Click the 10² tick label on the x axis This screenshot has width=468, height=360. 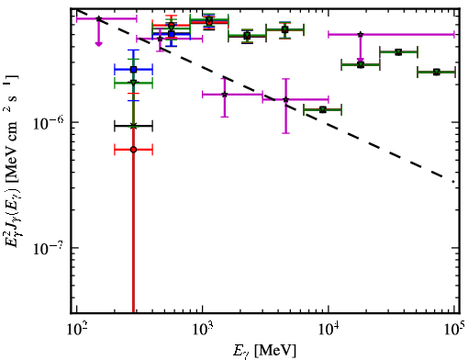[77, 330]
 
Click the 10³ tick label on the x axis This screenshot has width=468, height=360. [203, 330]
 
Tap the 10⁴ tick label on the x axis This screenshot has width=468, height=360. [329, 330]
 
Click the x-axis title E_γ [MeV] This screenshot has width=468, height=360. [264, 351]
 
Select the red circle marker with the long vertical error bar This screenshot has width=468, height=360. [133, 150]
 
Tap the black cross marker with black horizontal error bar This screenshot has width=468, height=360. [133, 126]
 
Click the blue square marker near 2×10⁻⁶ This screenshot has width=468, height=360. [133, 70]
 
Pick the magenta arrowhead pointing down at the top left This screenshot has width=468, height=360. [98, 44]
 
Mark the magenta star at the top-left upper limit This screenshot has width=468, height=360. [98, 18]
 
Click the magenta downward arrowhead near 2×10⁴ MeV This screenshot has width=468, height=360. [361, 60]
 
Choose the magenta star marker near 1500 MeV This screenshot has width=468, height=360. [225, 95]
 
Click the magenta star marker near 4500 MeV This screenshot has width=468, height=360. [285, 99]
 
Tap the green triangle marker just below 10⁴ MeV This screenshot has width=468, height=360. [322, 109]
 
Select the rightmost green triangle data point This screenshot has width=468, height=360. [437, 73]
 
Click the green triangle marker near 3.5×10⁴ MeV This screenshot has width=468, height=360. [398, 52]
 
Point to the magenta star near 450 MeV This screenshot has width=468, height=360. [160, 39]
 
